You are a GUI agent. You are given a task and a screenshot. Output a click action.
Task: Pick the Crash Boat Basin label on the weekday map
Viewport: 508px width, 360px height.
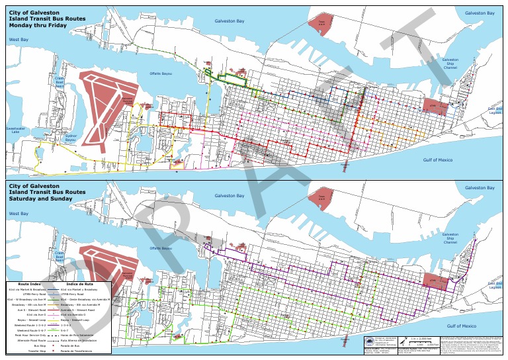coord(59,81)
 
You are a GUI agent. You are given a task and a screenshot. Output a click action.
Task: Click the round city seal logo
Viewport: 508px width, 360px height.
coord(368,341)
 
